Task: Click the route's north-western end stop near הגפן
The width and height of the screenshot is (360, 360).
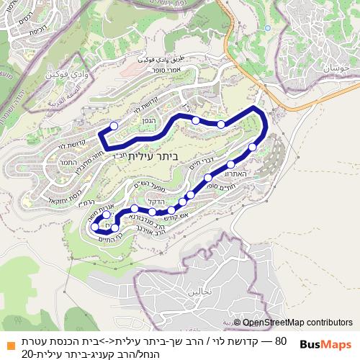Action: coord(112,126)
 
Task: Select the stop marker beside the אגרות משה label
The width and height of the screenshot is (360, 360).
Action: coord(106,215)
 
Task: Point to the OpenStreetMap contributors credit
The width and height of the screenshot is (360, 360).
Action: coord(297,323)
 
